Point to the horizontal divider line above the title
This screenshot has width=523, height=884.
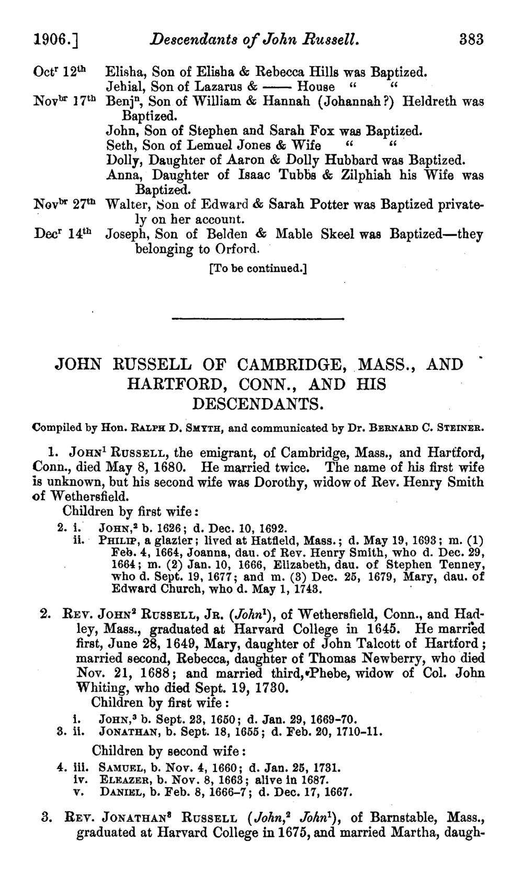[x=257, y=319]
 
